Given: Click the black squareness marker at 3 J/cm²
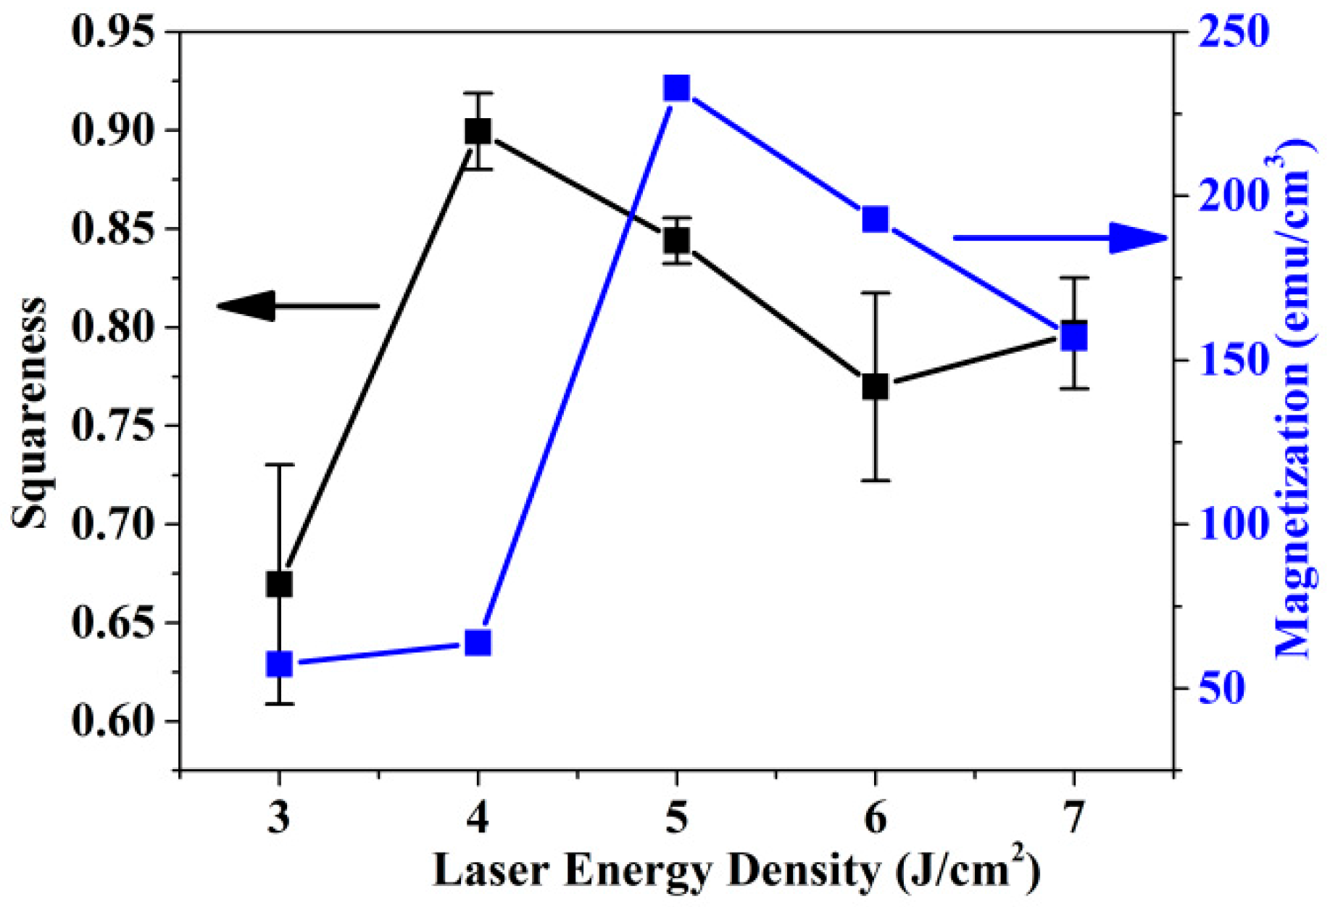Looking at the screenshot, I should [279, 584].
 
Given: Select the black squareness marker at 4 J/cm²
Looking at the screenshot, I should [478, 131].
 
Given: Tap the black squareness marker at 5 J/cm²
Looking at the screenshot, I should [676, 240].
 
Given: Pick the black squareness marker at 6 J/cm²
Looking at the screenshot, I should [876, 386].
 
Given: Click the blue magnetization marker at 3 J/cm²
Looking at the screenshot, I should [279, 663].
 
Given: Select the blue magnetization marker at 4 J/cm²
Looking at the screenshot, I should [478, 642].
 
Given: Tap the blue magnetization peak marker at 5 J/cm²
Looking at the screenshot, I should [676, 88].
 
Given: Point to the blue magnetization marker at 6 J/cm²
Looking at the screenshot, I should [876, 219].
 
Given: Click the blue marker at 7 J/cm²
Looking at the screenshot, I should [1074, 337].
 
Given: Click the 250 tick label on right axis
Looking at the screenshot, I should [1232, 32].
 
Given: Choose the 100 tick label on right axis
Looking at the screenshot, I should [1232, 524].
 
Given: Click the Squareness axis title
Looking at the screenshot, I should [30, 413].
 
